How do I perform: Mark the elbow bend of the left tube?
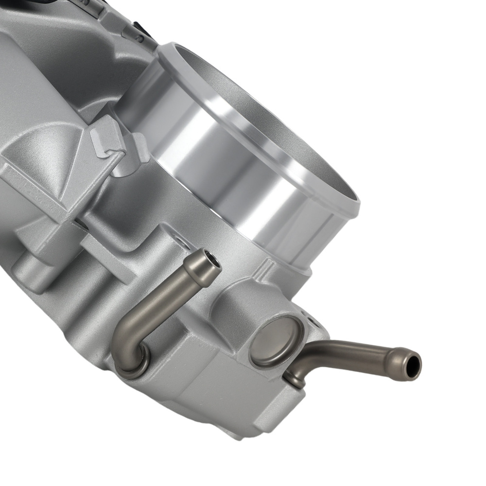click(x=124, y=335)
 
